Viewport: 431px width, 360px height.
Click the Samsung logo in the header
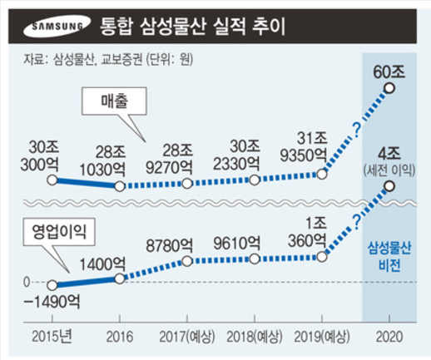56,28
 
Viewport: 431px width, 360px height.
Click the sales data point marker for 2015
52,179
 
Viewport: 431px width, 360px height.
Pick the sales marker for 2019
320,174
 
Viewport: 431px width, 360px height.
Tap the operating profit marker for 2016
119,279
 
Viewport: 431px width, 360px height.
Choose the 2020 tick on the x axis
388,337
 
